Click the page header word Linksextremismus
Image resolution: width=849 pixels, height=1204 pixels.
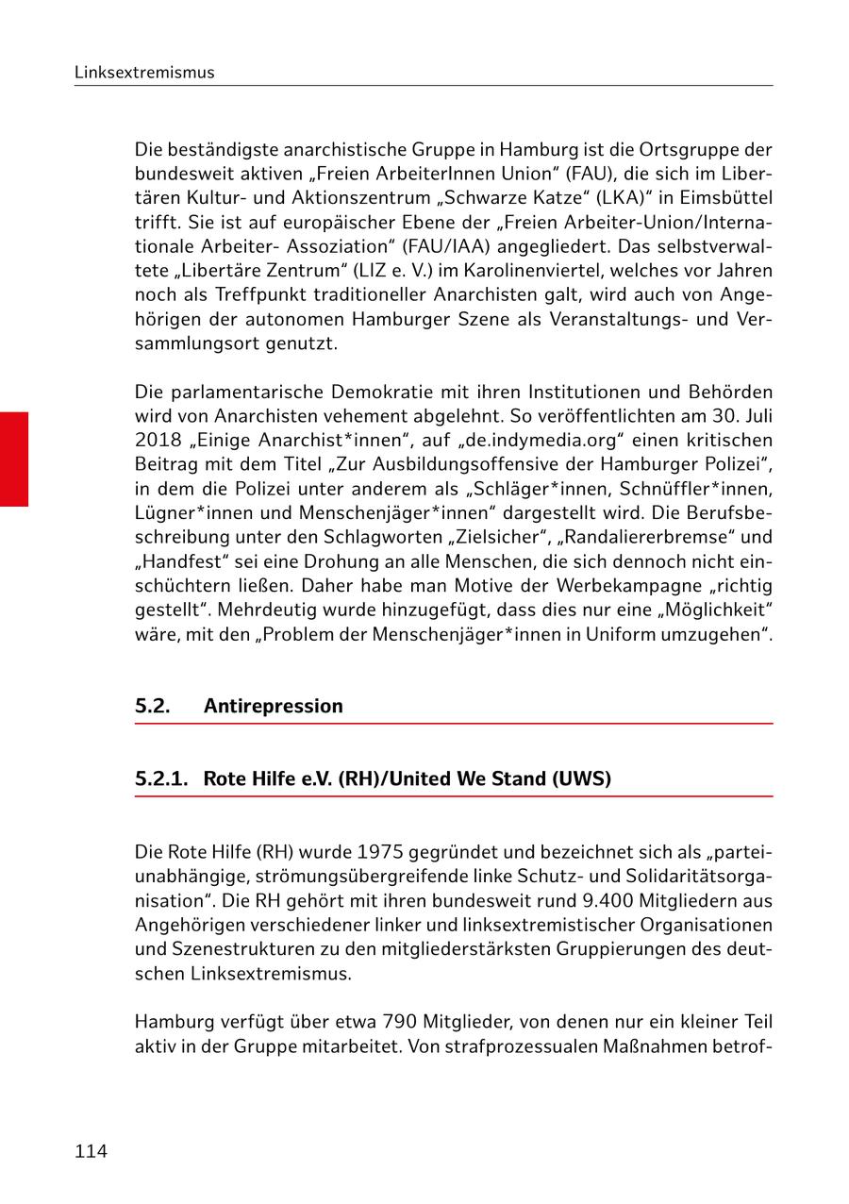(x=144, y=73)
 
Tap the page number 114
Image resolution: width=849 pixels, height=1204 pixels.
(x=92, y=1151)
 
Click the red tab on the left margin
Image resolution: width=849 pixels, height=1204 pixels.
(x=14, y=460)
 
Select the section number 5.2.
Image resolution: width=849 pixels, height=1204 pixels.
(x=153, y=706)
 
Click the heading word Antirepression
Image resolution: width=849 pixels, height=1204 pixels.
(x=274, y=706)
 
